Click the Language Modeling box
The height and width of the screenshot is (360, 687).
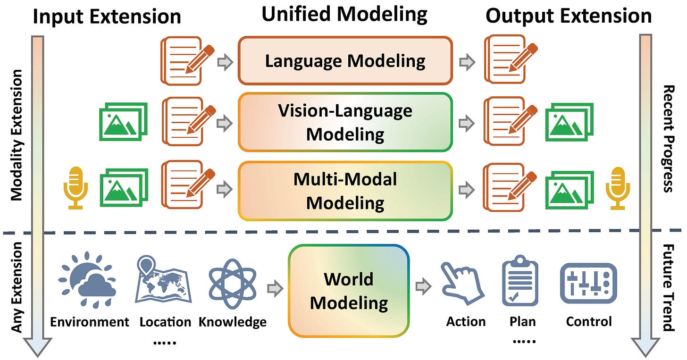[345, 61]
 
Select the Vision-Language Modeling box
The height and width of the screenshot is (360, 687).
[345, 122]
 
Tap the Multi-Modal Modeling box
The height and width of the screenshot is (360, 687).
[345, 191]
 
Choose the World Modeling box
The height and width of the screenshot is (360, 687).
[349, 291]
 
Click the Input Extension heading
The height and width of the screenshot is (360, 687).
[107, 16]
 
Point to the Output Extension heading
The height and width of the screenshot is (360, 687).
[569, 16]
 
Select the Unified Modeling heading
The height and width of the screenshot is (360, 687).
[344, 14]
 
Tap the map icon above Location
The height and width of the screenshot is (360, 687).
[162, 279]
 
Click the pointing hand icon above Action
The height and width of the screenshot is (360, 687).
[462, 284]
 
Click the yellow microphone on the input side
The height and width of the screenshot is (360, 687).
[75, 188]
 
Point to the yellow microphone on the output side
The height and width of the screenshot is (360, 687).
[618, 188]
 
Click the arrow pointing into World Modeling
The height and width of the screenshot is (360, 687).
[275, 287]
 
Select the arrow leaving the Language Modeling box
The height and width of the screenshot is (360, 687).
[468, 62]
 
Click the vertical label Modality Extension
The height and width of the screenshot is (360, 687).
[17, 135]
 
